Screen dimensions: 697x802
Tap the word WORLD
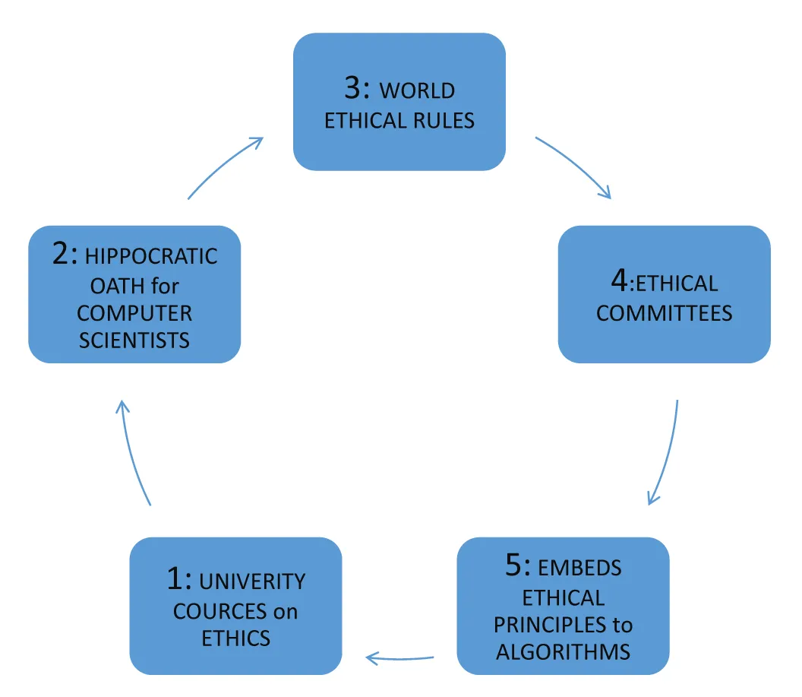pyautogui.click(x=417, y=90)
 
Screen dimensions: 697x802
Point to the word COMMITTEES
pyautogui.click(x=664, y=313)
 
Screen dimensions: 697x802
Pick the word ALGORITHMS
pyautogui.click(x=563, y=652)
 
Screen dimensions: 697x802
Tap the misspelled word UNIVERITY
pyautogui.click(x=251, y=582)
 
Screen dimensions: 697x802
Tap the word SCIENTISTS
pyautogui.click(x=134, y=339)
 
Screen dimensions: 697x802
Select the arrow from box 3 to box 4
pyautogui.click(x=575, y=166)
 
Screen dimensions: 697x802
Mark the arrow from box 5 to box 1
pyautogui.click(x=400, y=656)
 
